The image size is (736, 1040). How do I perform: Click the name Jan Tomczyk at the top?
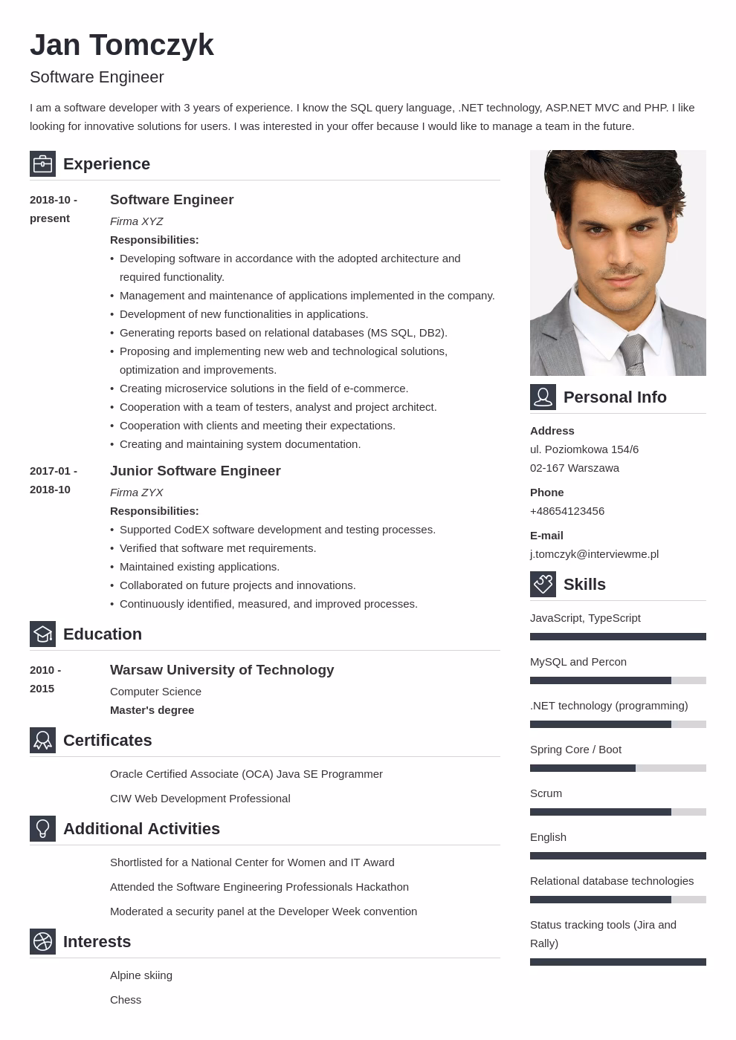[x=122, y=45]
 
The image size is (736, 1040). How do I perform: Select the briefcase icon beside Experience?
[x=42, y=164]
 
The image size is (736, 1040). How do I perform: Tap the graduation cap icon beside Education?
[x=42, y=634]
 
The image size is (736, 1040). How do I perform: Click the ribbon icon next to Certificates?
[x=42, y=741]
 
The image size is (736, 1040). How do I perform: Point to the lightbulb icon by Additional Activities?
[x=42, y=829]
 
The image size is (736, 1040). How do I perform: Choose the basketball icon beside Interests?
[x=42, y=942]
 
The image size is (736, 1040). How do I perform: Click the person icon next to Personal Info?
[x=543, y=397]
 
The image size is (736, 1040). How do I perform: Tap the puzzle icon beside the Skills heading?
[x=543, y=585]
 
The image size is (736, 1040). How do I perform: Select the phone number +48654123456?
[x=567, y=511]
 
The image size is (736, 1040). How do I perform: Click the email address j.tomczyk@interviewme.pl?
[x=594, y=554]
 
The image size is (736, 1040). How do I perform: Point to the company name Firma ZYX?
[x=136, y=493]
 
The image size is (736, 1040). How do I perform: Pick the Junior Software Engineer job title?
[x=195, y=471]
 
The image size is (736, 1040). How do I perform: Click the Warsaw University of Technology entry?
[x=222, y=670]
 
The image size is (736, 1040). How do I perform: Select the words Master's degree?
[x=152, y=710]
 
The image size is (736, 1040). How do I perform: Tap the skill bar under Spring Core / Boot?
[x=618, y=768]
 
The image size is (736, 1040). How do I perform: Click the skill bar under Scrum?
[x=618, y=812]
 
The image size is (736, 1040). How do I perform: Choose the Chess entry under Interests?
[x=126, y=1000]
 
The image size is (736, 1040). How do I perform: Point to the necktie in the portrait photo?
[x=633, y=355]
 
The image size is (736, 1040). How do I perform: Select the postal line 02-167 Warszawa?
[x=575, y=468]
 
